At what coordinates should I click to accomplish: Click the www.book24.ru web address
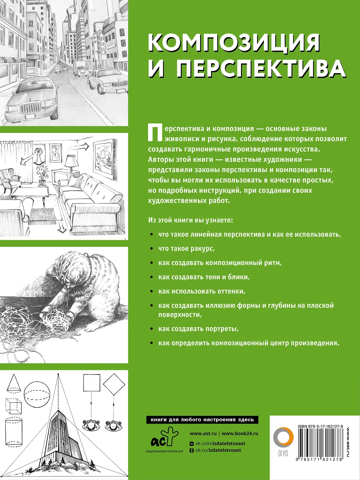[x=240, y=433]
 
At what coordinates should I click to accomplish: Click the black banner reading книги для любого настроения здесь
[x=203, y=420]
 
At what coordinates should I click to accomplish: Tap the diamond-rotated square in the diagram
[x=114, y=384]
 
